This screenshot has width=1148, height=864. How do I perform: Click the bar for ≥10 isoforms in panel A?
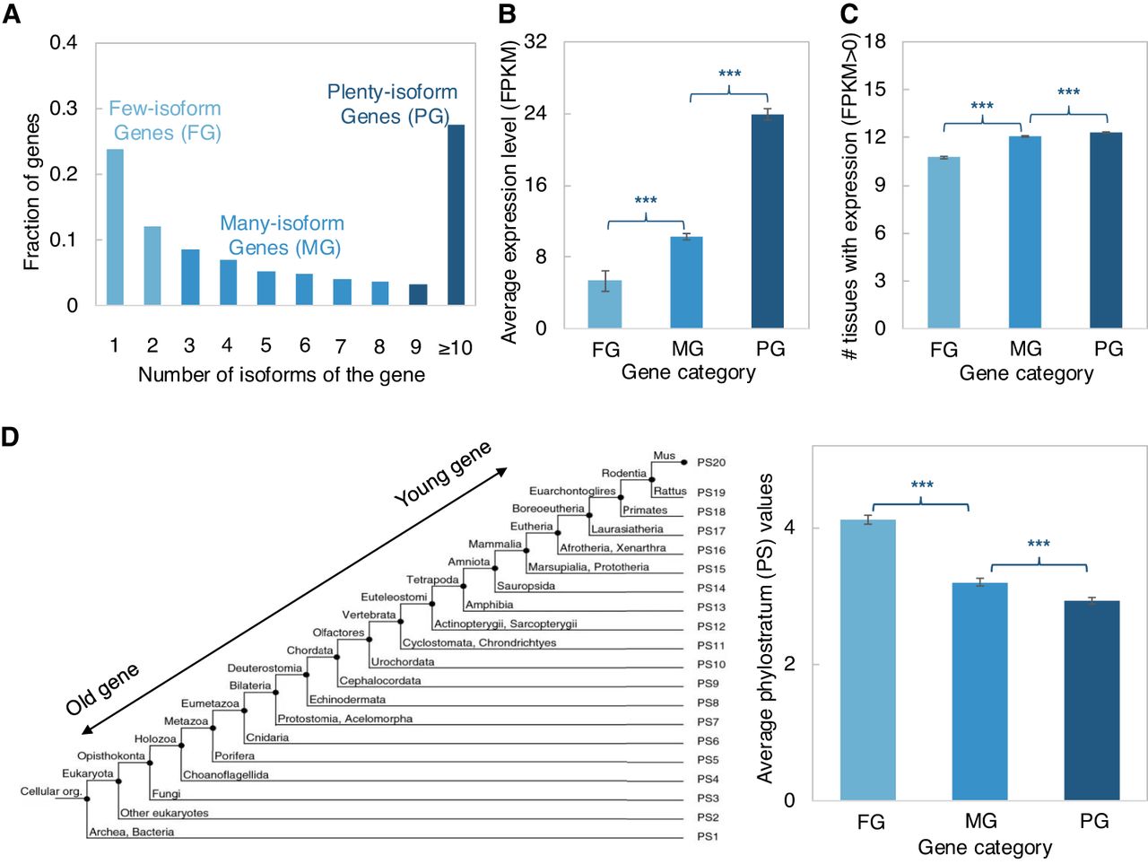tap(456, 215)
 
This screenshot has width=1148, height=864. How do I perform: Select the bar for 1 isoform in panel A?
tap(115, 228)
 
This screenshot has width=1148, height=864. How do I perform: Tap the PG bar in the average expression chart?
tap(768, 222)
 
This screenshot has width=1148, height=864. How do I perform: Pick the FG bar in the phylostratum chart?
tap(867, 659)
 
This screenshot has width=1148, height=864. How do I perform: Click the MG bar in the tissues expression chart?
tap(1025, 232)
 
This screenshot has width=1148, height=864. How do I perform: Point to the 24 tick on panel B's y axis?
tap(535, 113)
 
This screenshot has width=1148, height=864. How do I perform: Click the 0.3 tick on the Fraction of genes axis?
tap(63, 108)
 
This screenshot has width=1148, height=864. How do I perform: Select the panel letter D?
tap(10, 437)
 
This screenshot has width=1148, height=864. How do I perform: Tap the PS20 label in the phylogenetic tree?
tap(711, 463)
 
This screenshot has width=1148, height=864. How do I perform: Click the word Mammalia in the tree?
tap(494, 545)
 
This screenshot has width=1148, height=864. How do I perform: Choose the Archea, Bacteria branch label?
tap(132, 833)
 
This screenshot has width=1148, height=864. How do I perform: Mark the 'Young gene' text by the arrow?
tap(442, 473)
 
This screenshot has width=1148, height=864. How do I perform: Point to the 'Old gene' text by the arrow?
tap(102, 689)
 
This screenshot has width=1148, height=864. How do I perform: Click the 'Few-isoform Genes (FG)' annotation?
tap(166, 120)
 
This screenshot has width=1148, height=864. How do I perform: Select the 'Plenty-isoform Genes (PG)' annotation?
tap(393, 104)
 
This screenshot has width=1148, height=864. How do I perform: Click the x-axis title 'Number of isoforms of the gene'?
tap(281, 375)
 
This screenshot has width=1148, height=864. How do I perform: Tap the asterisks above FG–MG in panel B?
tap(646, 201)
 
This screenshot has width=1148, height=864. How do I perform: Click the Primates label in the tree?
tap(645, 511)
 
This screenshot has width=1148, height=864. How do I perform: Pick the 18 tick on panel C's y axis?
tap(874, 41)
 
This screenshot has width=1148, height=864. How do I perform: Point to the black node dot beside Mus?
tap(684, 462)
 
